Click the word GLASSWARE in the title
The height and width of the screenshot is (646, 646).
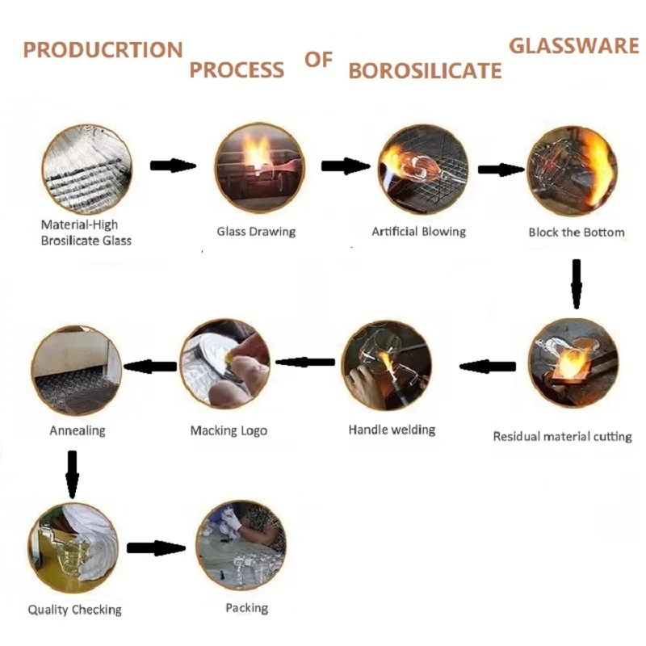point(573,45)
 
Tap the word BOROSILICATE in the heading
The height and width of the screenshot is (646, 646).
point(425,71)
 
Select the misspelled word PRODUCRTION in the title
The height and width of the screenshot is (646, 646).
point(103,49)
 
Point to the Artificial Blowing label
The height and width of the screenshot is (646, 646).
point(418,232)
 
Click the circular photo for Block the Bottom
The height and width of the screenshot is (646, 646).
point(573,169)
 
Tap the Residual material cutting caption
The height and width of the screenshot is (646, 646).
point(562,436)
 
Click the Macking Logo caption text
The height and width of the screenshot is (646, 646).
point(229,430)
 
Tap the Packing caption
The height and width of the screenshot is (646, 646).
point(246,608)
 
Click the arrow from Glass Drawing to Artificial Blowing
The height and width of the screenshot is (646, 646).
point(346,166)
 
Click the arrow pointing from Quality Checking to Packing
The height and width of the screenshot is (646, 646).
point(156,547)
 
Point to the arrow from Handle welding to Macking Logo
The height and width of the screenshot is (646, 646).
point(304,362)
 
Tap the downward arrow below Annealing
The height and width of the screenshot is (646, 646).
point(72,473)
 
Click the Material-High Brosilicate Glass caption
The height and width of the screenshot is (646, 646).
point(86,233)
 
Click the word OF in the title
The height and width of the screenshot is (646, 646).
point(318,61)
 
